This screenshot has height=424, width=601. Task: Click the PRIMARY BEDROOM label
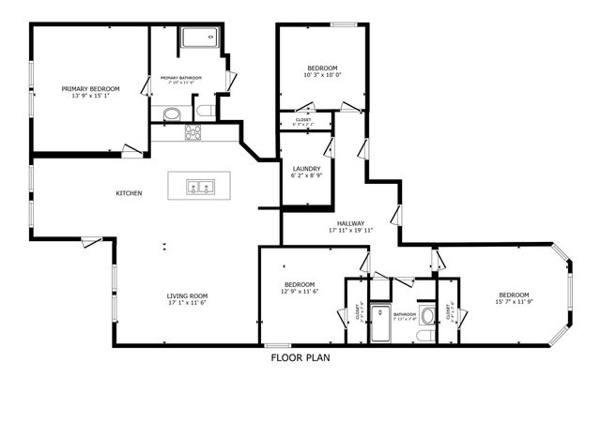coord(92,88)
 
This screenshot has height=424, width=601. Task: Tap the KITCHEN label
coord(129,193)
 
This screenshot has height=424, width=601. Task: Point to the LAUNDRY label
coord(307,168)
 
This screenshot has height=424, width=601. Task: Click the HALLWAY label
coord(351,223)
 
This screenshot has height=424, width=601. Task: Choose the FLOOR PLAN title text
coord(300,357)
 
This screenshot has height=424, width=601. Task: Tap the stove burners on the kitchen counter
coord(193,133)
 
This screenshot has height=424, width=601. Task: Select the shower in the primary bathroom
coord(197,39)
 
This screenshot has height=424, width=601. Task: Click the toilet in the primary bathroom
coord(205,113)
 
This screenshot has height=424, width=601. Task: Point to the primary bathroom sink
coord(171,114)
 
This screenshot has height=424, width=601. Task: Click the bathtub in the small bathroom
coord(380,323)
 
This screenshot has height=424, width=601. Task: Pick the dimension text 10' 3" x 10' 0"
coord(323,76)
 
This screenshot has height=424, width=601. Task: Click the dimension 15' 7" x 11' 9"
coord(514,302)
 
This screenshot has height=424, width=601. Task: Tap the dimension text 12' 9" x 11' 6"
coord(300,292)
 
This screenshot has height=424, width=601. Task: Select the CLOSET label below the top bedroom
coord(304,119)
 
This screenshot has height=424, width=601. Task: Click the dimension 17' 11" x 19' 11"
coord(351,231)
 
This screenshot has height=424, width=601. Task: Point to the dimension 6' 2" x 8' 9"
coord(307,175)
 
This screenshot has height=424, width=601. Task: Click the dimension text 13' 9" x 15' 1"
coord(92,95)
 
